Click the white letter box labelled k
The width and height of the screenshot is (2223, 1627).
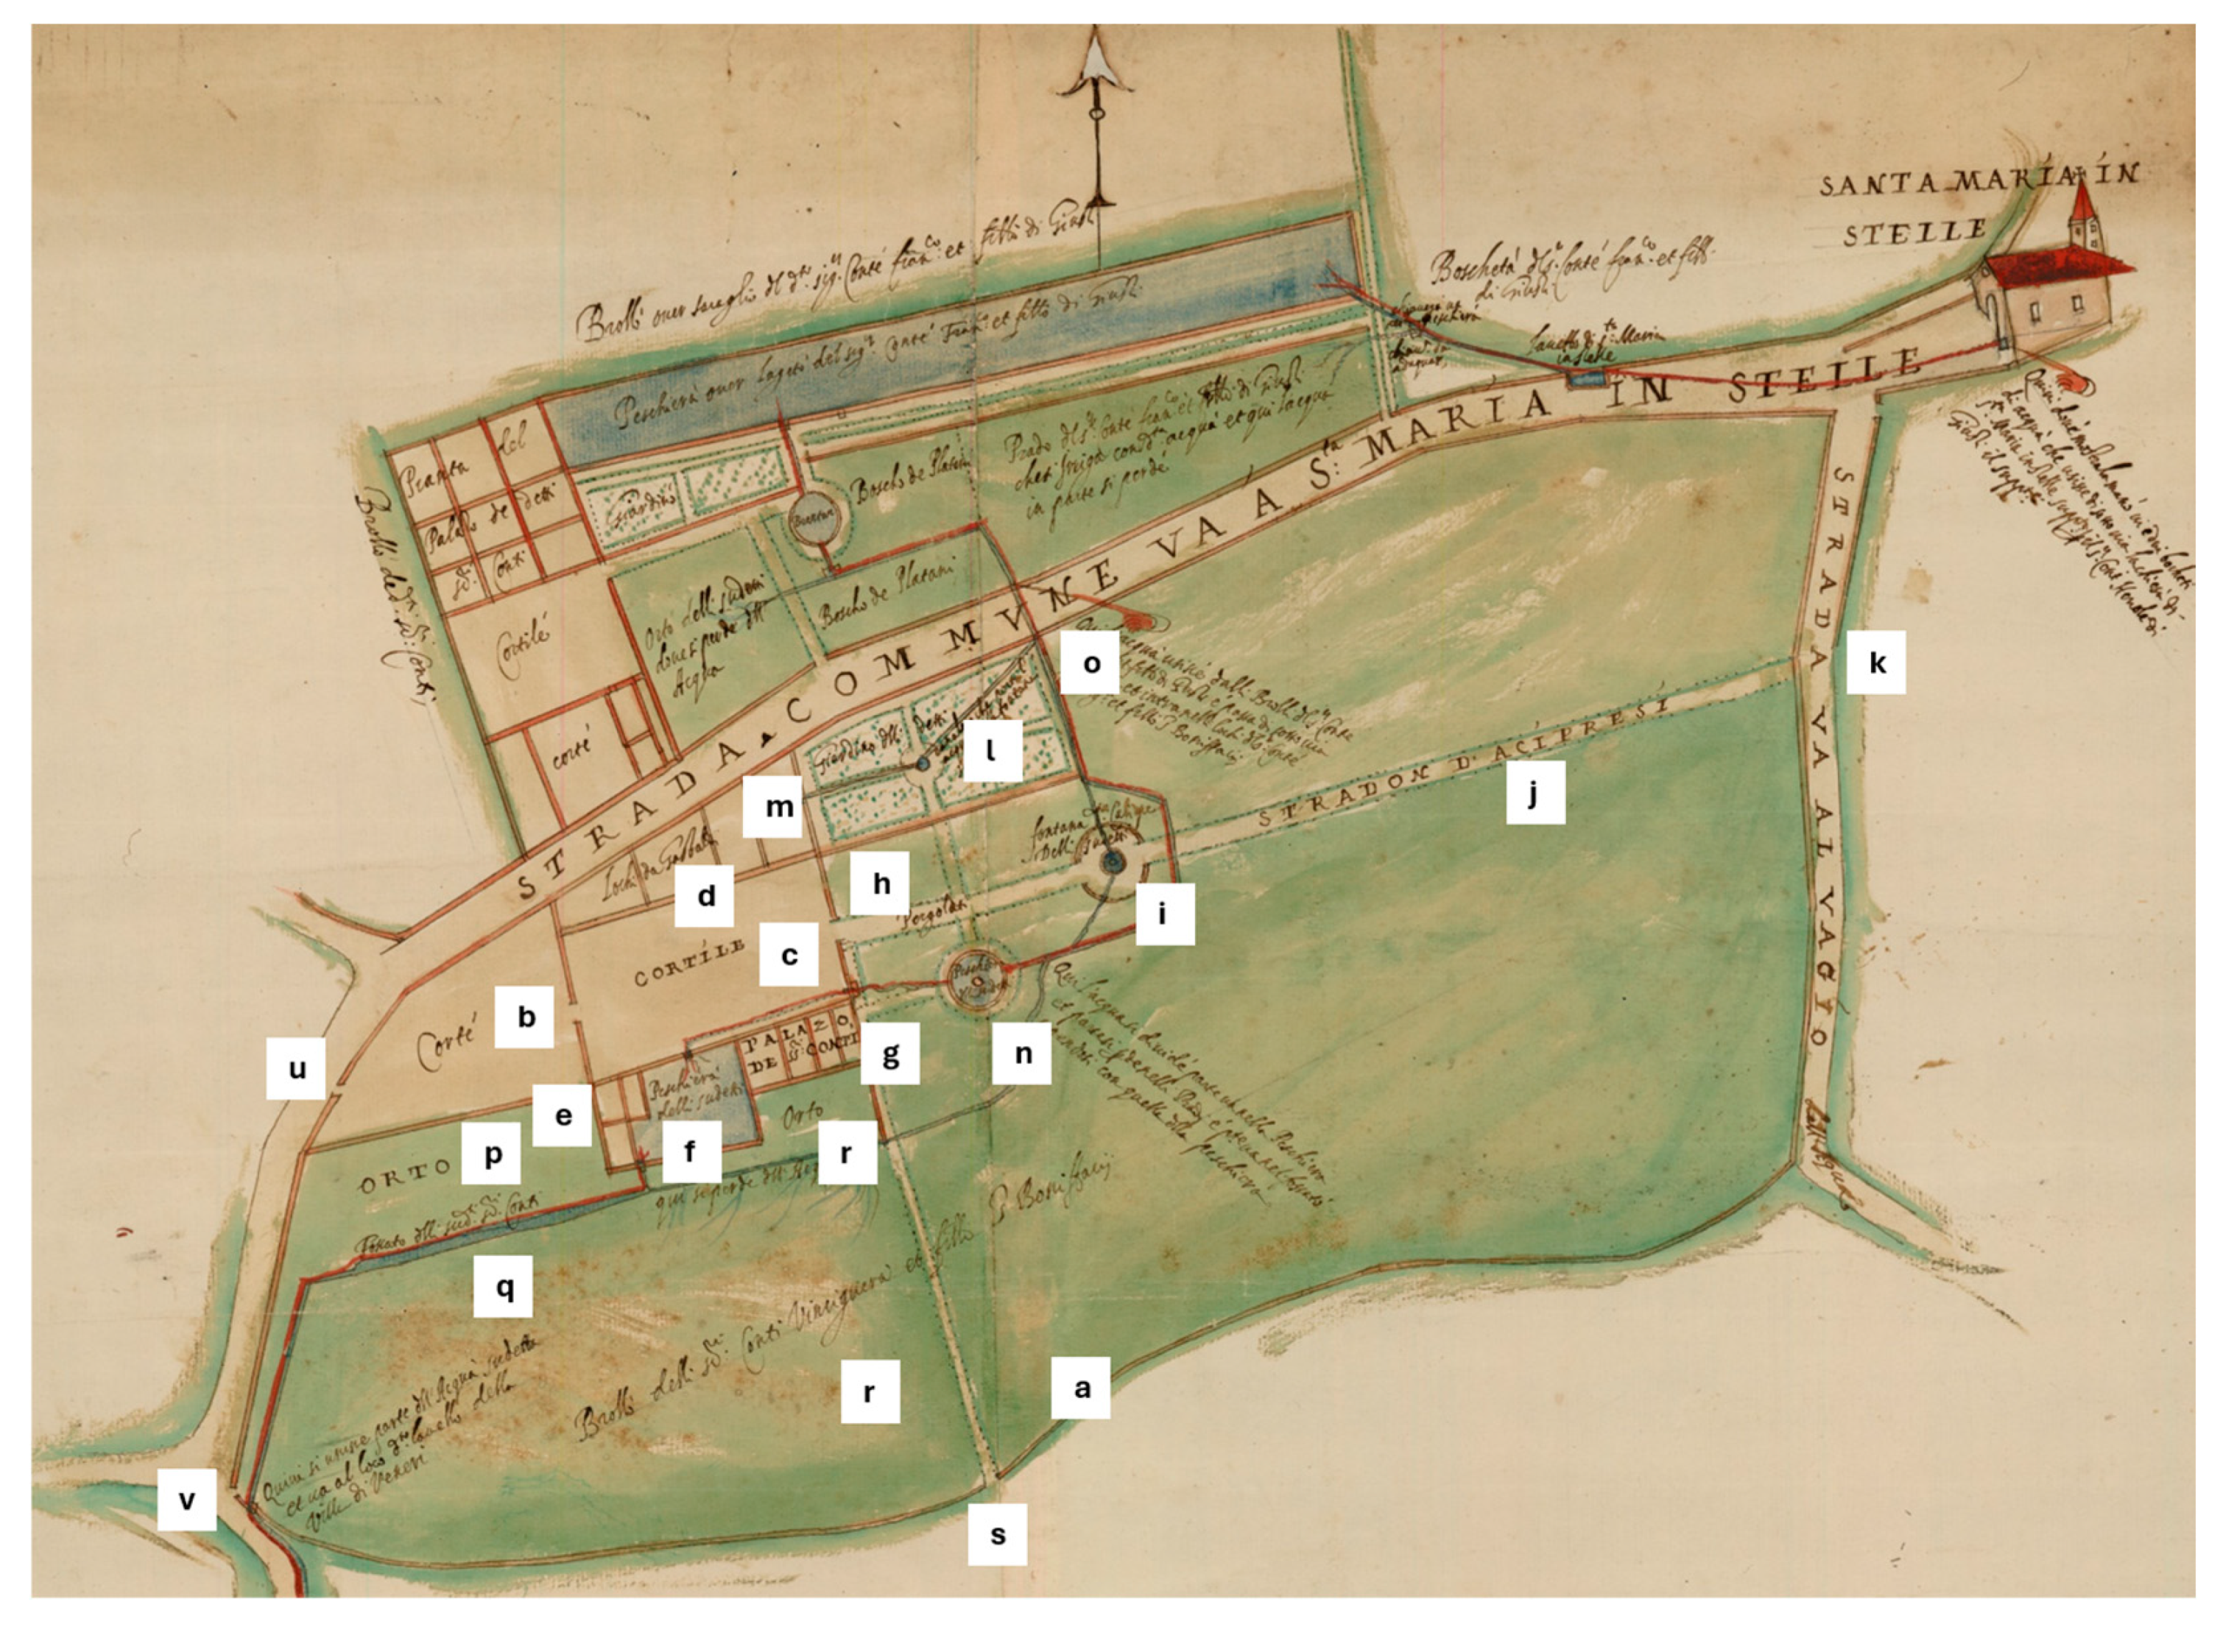pyautogui.click(x=1875, y=662)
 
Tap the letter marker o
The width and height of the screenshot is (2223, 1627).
pyautogui.click(x=1091, y=663)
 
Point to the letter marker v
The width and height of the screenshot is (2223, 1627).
pyautogui.click(x=186, y=1499)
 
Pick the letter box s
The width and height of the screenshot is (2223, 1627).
pyautogui.click(x=997, y=1534)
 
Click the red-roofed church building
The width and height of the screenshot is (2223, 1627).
pyautogui.click(x=2048, y=295)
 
